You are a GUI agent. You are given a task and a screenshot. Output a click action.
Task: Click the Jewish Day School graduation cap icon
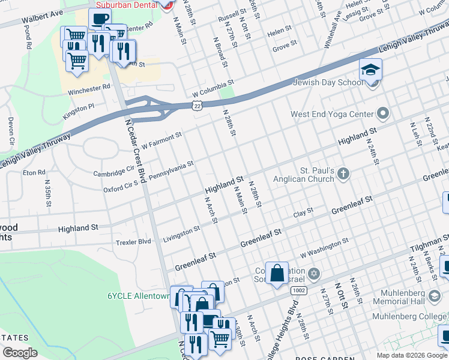(370, 70)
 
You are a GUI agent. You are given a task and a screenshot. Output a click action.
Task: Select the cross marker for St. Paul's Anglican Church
(343, 174)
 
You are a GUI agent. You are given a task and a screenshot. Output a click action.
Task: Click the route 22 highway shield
(197, 106)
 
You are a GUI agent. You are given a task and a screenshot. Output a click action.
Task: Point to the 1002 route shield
(298, 290)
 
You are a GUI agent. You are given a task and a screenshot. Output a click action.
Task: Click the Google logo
(20, 352)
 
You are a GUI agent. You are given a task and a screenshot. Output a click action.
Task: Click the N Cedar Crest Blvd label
(136, 150)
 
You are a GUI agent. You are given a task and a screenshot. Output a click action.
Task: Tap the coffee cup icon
(100, 19)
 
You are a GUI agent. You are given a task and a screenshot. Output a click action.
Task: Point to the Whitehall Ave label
(333, 33)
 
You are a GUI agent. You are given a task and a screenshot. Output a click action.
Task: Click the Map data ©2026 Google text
(412, 355)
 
